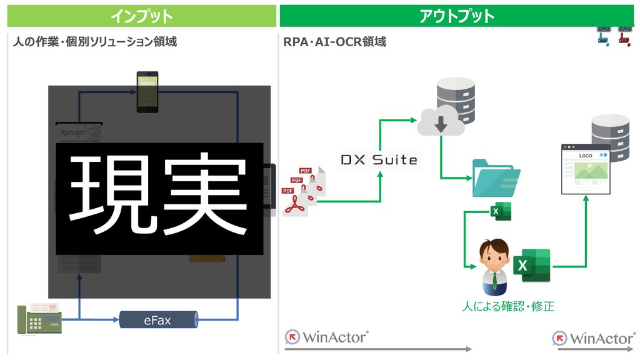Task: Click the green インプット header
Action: point(141,16)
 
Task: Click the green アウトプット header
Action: point(456,16)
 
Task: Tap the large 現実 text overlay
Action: point(159,198)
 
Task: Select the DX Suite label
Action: point(379,160)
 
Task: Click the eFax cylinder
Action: point(157,321)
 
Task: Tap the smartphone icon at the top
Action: point(147,91)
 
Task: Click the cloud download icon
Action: point(441,122)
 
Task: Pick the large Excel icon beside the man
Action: point(531,266)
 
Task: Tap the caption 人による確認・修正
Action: point(507,307)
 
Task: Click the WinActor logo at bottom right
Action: point(594,338)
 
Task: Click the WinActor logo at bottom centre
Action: point(327,337)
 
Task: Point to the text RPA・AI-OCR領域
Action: point(335,42)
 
